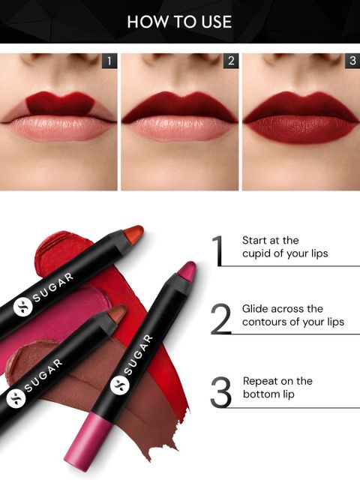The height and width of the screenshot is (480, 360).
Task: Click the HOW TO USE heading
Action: coord(179,22)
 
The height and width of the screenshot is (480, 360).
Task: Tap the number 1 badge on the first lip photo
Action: coord(109,61)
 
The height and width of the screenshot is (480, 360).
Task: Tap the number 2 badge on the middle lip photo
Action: coord(231,61)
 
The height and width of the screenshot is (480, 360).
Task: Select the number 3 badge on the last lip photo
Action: coord(352,61)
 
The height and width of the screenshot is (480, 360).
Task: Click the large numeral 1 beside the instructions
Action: coord(217,250)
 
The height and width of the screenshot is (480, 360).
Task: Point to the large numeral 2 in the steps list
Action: coord(220,319)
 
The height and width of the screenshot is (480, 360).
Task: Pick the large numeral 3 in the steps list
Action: coord(220,392)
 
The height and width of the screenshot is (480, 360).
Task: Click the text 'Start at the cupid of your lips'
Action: coord(285,247)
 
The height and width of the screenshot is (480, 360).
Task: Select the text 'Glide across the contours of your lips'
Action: coord(293,315)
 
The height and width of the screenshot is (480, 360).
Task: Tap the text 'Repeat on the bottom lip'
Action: coord(277,387)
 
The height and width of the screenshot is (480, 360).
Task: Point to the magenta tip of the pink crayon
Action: coord(187,271)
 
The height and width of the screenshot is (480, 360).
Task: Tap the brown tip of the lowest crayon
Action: coord(116,313)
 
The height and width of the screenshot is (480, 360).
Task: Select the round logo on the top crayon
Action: coord(22,307)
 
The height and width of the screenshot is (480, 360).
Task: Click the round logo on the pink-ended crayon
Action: coord(120,385)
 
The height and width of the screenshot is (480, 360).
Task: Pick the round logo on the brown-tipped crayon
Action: coord(16,398)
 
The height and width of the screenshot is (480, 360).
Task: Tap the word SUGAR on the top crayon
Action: coord(53,286)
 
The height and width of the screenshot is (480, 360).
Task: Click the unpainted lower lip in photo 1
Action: coord(58,128)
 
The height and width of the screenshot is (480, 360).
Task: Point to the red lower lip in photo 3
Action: coord(301,129)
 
